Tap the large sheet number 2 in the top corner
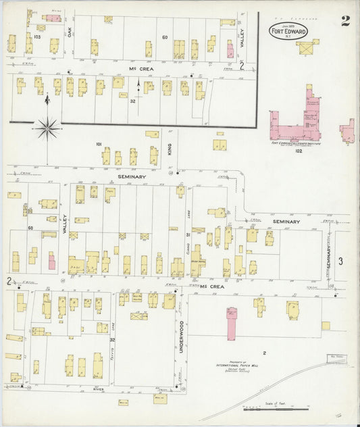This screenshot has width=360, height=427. click(345, 20)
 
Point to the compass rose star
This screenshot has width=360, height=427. click(47, 127)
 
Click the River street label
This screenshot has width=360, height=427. click(102, 390)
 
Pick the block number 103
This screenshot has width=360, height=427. click(37, 36)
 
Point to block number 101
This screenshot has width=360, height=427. click(99, 144)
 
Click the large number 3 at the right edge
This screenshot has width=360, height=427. click(341, 261)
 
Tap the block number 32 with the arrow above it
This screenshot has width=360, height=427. click(133, 101)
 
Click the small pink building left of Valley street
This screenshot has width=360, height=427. click(51, 261)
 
